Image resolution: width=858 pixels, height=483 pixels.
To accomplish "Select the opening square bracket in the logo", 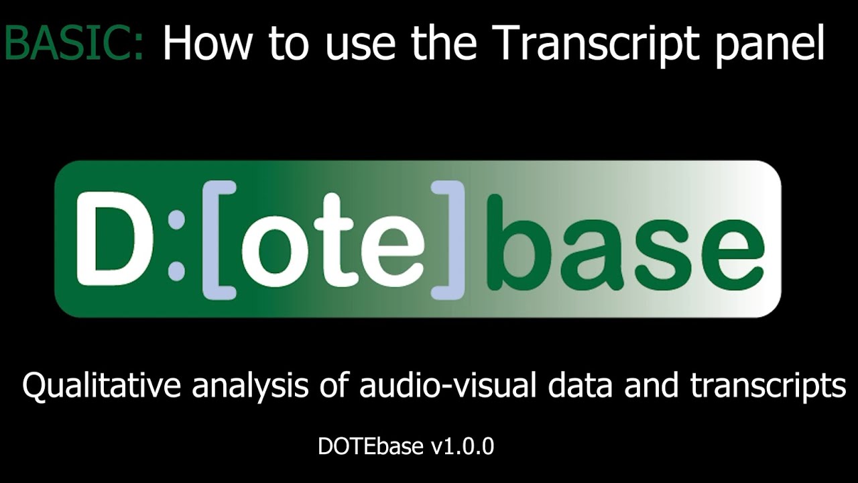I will [218, 239].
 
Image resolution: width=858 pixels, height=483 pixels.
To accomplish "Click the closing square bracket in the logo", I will [448, 239].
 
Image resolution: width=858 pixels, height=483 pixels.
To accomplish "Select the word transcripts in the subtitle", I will [768, 388].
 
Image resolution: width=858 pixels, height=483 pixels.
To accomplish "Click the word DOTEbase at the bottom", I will [371, 446].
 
